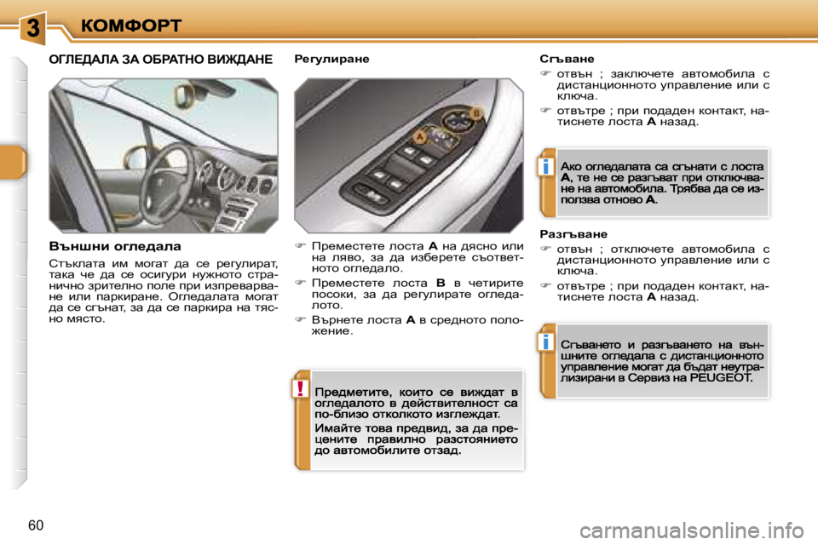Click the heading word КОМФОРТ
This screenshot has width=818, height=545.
point(131,26)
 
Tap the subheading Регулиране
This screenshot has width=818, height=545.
point(331,60)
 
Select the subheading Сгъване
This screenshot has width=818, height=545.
point(563,60)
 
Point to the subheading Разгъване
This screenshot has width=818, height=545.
point(573,232)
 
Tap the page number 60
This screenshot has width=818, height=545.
point(35,524)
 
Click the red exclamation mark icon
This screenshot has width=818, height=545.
point(302,389)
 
